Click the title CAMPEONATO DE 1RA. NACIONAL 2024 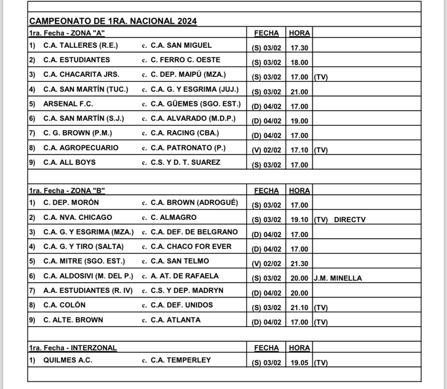coord(113,21)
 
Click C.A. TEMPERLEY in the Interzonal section coord(181,360)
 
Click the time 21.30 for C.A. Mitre coord(299,264)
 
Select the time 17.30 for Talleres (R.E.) coord(299,48)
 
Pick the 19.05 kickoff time coord(299,363)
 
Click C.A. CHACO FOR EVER coord(191,247)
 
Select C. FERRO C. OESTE coord(186,60)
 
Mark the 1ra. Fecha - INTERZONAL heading coord(73,348)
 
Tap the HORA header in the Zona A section coord(299,33)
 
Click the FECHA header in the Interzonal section coord(266,348)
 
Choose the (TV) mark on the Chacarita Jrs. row coord(321,77)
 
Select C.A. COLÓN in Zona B coord(65,305)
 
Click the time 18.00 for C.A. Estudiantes coord(299,63)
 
